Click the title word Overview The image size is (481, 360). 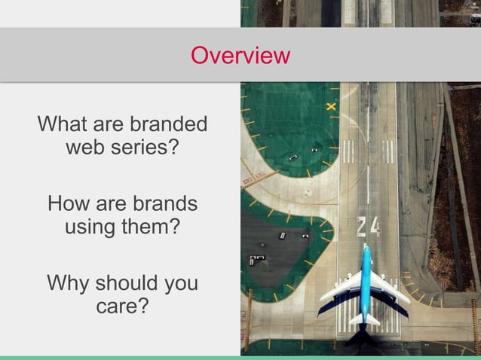click(240, 56)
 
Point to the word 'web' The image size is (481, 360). click(85, 146)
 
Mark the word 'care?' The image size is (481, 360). click(121, 307)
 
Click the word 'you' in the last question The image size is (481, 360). click(181, 284)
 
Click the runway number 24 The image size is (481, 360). click(368, 227)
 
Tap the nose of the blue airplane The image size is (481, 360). click(366, 249)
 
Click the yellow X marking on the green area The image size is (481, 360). click(331, 107)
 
